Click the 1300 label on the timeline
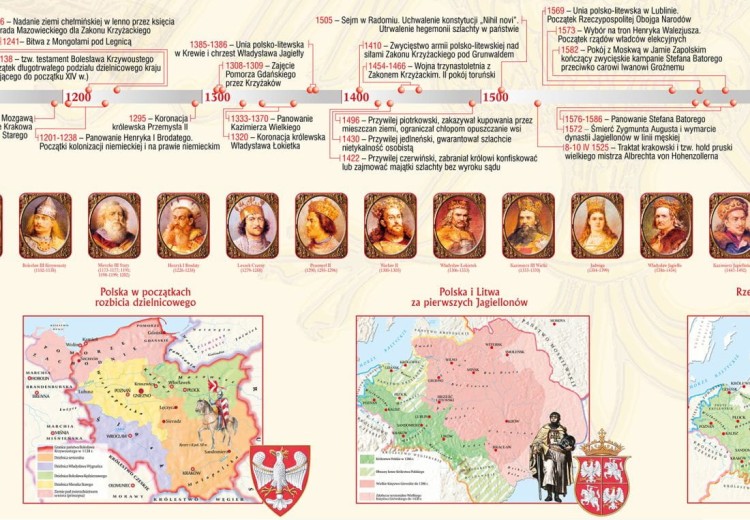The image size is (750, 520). pos(217,97)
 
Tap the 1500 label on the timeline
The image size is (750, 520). pos(495,97)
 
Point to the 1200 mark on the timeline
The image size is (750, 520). pos(79,97)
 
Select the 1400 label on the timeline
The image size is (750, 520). pos(356,97)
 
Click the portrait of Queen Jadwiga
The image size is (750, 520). pos(597,225)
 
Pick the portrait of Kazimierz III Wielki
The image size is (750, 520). pos(528,225)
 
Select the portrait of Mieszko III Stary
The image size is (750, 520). pos(114,225)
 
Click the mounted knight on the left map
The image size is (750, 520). pos(212,418)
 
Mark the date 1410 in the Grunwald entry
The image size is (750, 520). pos(372,46)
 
